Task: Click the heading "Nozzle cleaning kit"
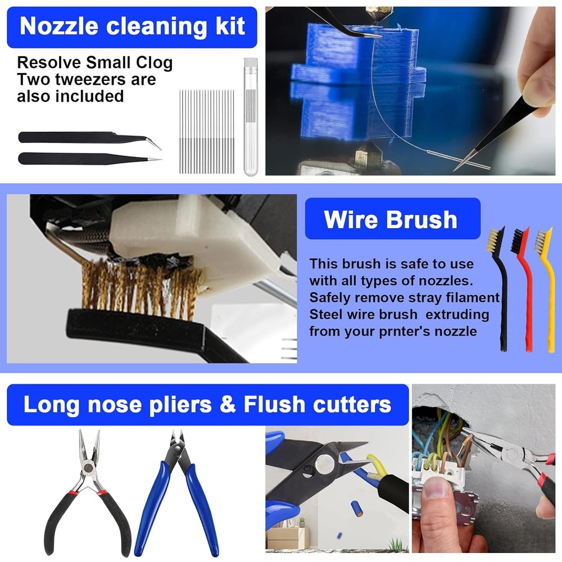tap(132, 27)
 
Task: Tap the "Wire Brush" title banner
tap(391, 219)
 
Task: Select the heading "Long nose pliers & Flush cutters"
tap(207, 405)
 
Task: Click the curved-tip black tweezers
tap(84, 138)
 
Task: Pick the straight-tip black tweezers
tap(84, 158)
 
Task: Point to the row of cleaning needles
tap(207, 130)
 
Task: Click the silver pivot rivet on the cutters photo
tap(324, 464)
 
